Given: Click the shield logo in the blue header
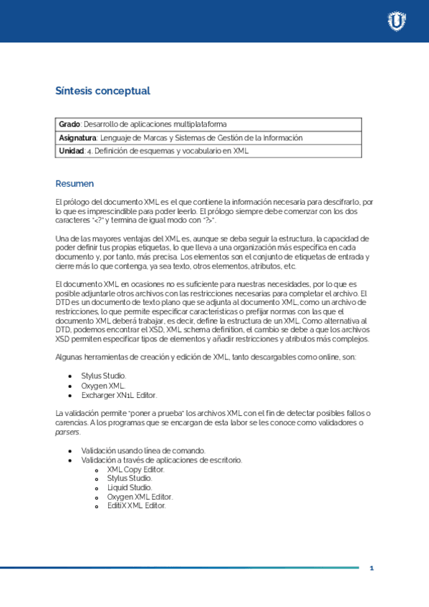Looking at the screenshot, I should click(x=396, y=21).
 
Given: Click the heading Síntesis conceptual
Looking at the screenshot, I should click(x=102, y=91).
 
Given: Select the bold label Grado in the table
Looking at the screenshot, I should click(x=69, y=125).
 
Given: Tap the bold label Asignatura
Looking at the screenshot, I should click(x=77, y=137).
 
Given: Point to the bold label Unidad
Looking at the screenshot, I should click(x=70, y=151).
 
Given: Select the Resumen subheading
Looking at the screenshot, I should click(x=74, y=184).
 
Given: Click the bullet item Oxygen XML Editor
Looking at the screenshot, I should click(x=140, y=496).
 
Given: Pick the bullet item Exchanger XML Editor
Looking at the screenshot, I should click(x=119, y=395).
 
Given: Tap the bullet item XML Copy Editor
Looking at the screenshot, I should click(x=135, y=470).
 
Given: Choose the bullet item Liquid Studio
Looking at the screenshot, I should click(x=130, y=487).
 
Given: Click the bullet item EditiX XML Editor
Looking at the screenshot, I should click(x=136, y=505).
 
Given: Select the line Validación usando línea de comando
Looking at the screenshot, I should click(x=143, y=451).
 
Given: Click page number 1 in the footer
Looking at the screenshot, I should click(x=372, y=568).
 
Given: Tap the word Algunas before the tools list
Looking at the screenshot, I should click(x=69, y=357).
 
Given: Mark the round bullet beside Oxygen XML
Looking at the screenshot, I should click(x=69, y=386).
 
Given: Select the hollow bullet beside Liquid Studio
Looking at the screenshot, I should click(x=97, y=487).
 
